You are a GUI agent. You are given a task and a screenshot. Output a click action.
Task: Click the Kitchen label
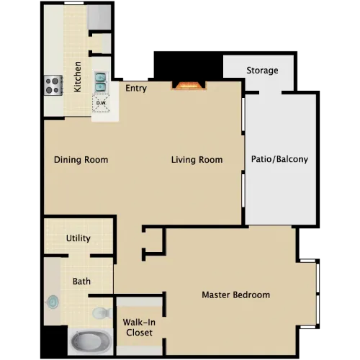click(x=78, y=76)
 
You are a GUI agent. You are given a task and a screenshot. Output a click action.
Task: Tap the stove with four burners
click(x=53, y=85)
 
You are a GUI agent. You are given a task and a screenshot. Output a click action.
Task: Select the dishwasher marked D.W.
click(x=101, y=103)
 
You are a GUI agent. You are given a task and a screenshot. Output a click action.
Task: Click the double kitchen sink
click(x=101, y=82)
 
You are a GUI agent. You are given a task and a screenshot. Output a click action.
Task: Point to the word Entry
click(x=136, y=89)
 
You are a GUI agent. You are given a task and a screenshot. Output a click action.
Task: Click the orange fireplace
click(x=189, y=86)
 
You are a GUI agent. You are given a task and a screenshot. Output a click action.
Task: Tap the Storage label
click(x=262, y=71)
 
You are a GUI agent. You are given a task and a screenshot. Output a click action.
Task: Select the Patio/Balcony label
click(x=279, y=159)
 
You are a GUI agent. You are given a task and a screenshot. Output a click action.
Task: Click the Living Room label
click(x=197, y=160)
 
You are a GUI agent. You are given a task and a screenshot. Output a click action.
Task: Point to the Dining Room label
click(x=81, y=160)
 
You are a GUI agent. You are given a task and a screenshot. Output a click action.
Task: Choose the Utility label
click(x=78, y=238)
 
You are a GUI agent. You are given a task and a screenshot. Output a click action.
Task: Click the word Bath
click(x=81, y=282)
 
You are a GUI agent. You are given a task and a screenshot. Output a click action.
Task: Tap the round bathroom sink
click(x=53, y=302)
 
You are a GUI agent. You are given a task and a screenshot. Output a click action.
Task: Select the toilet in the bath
click(x=102, y=313)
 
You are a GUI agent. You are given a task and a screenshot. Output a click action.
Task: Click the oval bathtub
click(x=91, y=341)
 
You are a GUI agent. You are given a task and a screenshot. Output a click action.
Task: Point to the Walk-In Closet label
click(x=139, y=328)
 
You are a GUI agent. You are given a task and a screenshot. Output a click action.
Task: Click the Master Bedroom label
click(x=236, y=294)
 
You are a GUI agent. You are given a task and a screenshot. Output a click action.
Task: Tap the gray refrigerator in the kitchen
click(x=99, y=17)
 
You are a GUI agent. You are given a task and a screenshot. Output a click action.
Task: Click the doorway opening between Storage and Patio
click(x=270, y=92)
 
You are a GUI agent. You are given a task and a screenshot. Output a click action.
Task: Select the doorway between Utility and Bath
click(x=79, y=256)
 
